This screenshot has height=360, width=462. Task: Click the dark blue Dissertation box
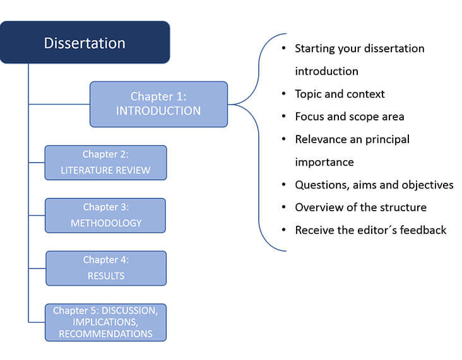(x=85, y=42)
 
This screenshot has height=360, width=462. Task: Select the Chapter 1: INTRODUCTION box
(x=158, y=104)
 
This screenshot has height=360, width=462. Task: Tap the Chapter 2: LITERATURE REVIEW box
(x=105, y=163)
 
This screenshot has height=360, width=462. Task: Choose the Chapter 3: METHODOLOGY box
(x=105, y=216)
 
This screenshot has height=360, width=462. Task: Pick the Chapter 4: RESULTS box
(x=106, y=268)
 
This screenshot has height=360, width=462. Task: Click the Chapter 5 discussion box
(x=105, y=322)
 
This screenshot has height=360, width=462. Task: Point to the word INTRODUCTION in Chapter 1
(x=158, y=111)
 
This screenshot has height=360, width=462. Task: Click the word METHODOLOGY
(x=106, y=223)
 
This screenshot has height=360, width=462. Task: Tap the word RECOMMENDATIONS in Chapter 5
(x=105, y=334)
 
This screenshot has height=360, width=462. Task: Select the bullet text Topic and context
(x=340, y=94)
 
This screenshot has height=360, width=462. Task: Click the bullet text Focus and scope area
(x=350, y=117)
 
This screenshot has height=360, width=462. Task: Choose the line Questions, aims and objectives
(x=374, y=185)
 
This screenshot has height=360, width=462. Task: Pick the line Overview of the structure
(x=360, y=207)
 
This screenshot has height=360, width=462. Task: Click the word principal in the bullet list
(x=387, y=139)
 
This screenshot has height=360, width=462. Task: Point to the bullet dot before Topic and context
(x=284, y=93)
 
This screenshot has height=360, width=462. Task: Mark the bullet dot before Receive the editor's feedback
(x=284, y=229)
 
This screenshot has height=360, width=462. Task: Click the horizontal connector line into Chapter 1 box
(x=59, y=104)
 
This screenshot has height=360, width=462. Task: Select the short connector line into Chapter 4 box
(x=37, y=268)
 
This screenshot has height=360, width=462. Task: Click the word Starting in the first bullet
(x=315, y=49)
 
